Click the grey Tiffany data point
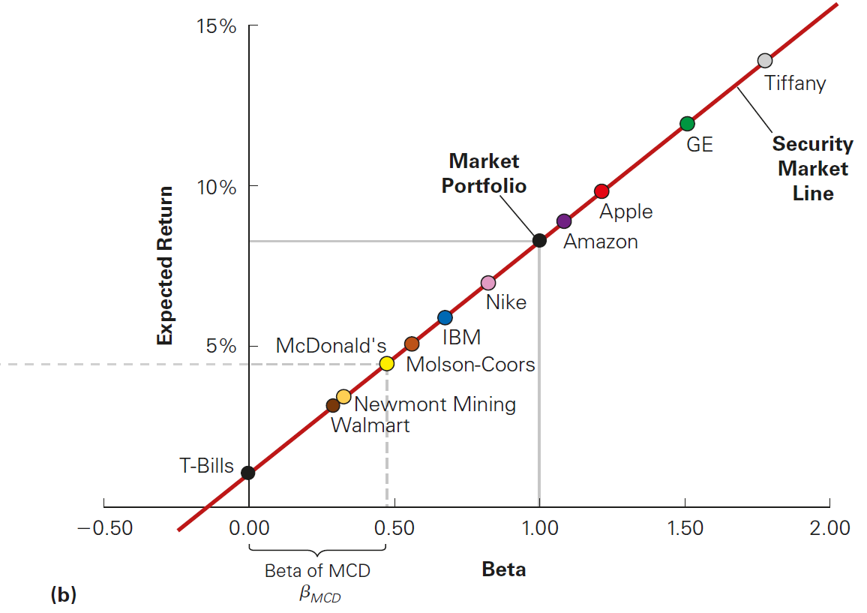764,61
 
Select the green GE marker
687,124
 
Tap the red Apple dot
601,191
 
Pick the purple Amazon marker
564,221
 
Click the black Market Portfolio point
539,241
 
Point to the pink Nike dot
488,283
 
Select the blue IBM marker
445,317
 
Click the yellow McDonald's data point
386,364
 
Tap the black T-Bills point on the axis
248,473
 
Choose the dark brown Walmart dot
333,405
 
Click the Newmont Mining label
435,404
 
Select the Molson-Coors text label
470,365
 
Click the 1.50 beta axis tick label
684,528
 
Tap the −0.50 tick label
104,528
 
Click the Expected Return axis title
165,266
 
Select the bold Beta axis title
504,569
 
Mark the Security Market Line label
812,169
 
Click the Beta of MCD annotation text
317,571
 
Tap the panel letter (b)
64,595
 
